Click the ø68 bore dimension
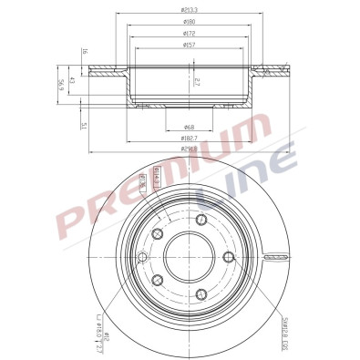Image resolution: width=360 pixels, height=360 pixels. point(190,126)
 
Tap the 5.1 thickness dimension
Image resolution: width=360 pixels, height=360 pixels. point(83,126)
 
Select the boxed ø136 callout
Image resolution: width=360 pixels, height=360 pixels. point(142,182)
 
